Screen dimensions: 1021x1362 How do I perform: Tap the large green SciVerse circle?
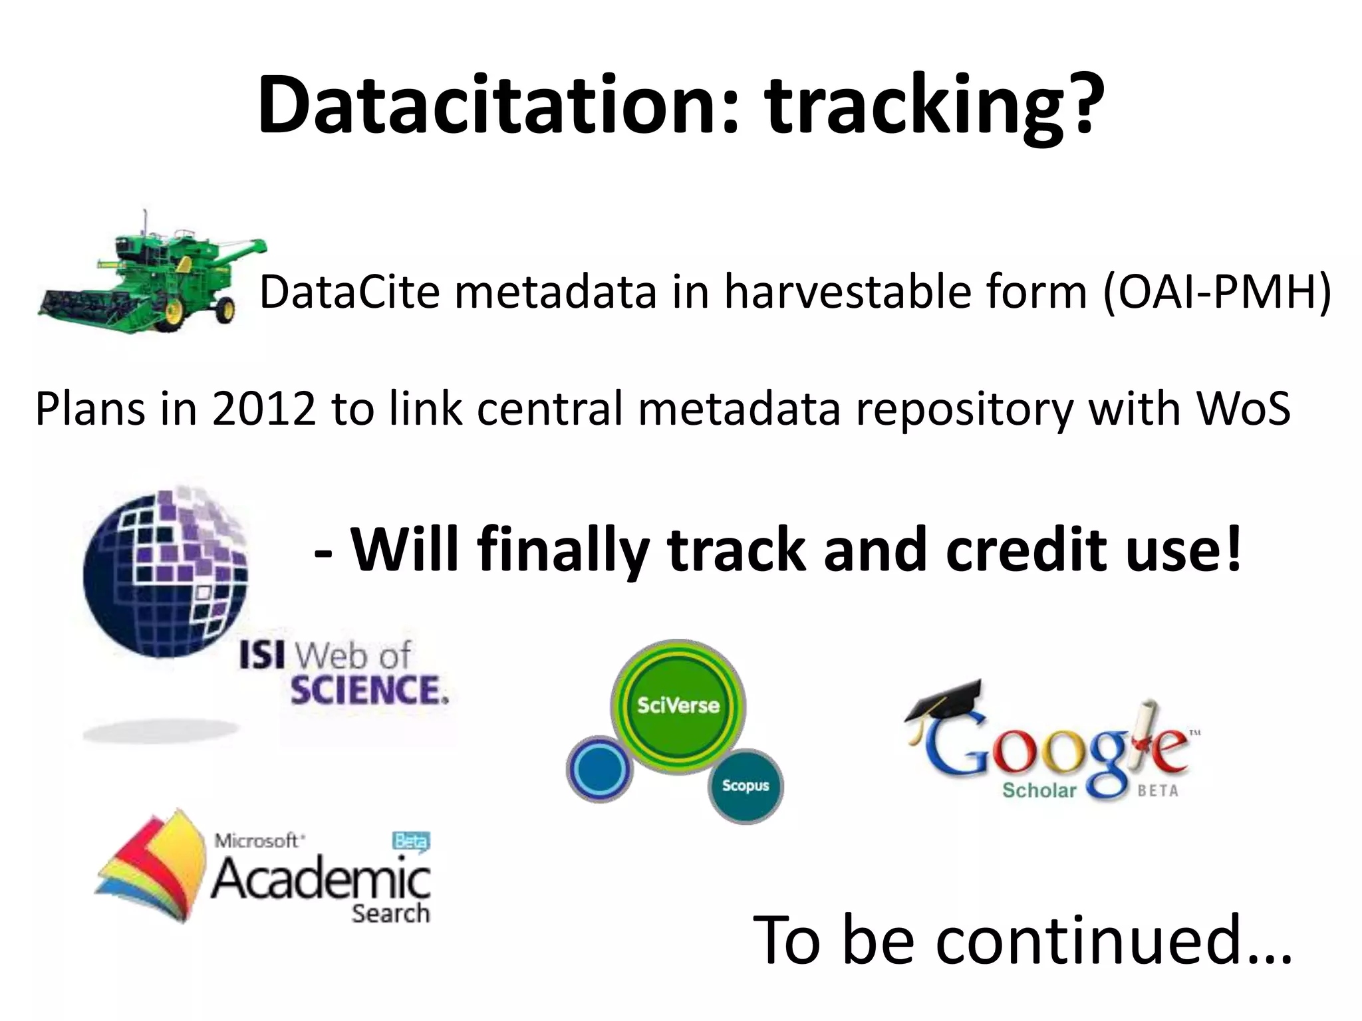(x=678, y=706)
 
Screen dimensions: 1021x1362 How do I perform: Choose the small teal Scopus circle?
(x=746, y=786)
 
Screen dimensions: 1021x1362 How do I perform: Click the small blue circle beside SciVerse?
(x=600, y=768)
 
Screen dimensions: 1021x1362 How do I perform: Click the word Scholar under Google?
(x=1039, y=790)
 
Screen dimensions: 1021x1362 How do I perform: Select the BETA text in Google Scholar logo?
(x=1158, y=791)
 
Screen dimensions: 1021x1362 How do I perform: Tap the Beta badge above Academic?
(x=410, y=842)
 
